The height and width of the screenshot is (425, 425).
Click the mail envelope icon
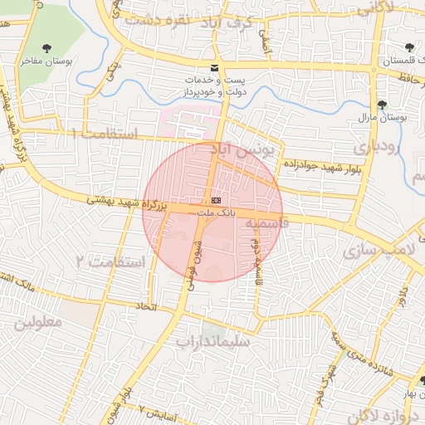click(x=215, y=67)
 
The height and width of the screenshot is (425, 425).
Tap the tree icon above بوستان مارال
click(x=381, y=105)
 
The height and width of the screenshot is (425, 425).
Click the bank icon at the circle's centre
click(x=216, y=200)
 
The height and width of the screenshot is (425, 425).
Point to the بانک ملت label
click(x=217, y=213)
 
